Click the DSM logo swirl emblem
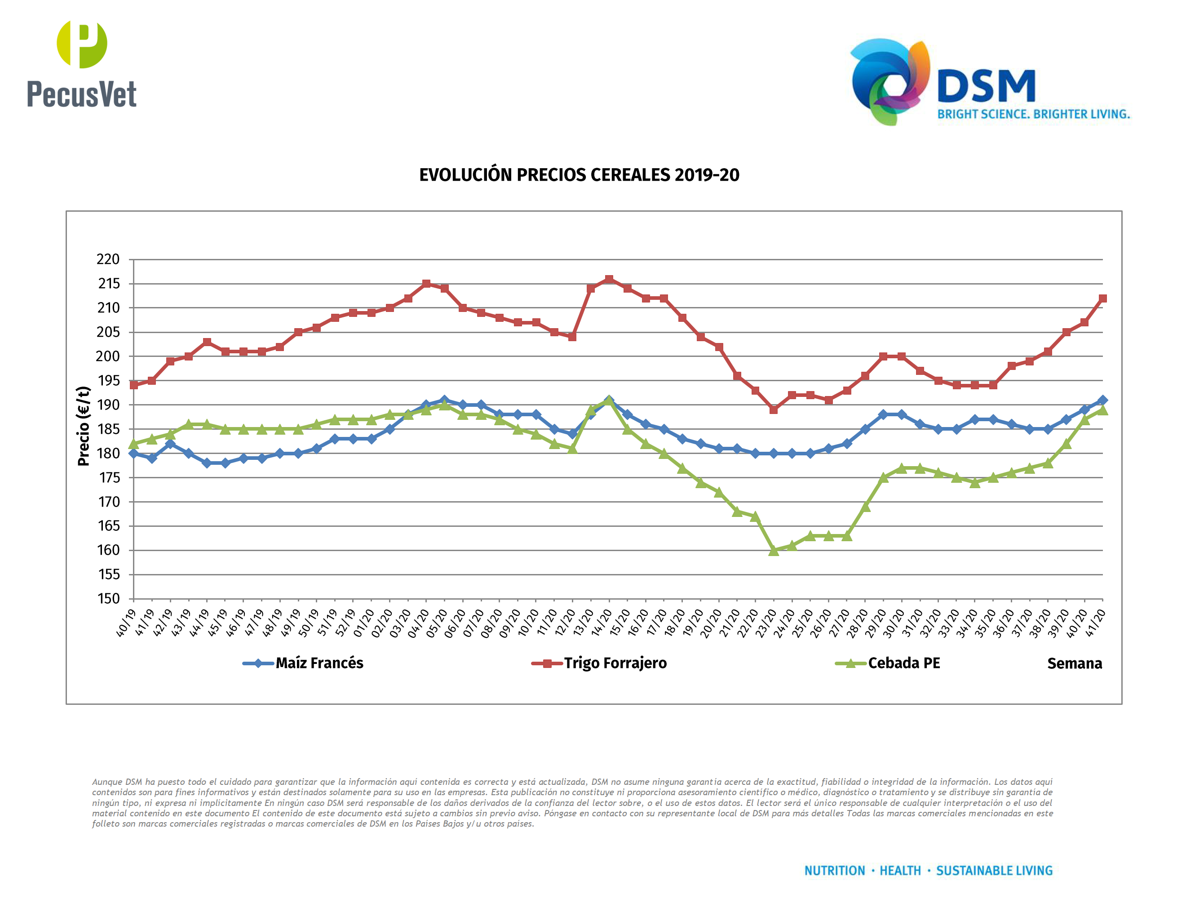pos(889,81)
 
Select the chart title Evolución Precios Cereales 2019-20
pos(579,175)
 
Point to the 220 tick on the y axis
pos(108,260)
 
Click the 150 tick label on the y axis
pos(108,599)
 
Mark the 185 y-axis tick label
pos(108,429)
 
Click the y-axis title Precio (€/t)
pos(83,426)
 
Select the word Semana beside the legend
pos(1074,664)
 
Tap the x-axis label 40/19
pos(126,622)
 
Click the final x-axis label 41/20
pos(1095,622)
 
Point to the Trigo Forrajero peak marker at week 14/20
pos(609,279)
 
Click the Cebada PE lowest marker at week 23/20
pos(773,550)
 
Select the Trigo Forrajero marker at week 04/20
pos(426,284)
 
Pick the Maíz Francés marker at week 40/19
pos(133,453)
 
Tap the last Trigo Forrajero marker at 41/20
pos(1102,298)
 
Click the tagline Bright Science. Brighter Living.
pos(1033,114)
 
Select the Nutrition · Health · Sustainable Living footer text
pos(928,871)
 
